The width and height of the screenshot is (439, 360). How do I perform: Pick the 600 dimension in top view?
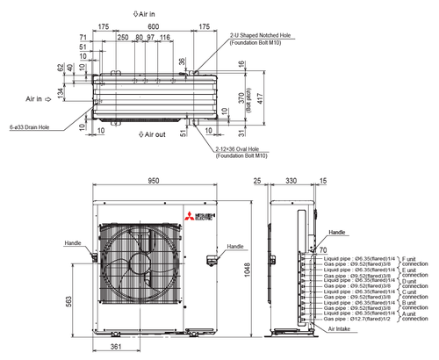point(154,27)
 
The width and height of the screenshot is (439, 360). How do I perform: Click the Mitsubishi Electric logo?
point(191,219)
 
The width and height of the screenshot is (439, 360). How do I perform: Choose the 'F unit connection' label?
point(414,262)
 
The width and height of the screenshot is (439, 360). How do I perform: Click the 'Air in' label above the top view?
point(147,14)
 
